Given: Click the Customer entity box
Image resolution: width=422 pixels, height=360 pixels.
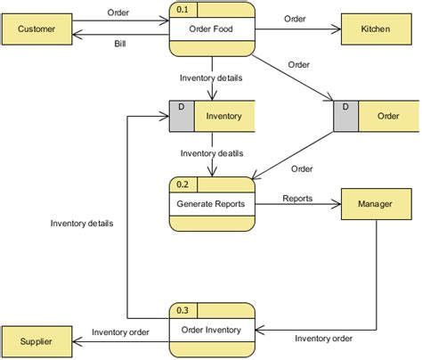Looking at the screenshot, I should [x=37, y=29].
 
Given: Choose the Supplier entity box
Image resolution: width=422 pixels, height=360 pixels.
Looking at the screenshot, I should [x=37, y=341].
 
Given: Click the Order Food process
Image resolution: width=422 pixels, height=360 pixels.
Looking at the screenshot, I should [x=211, y=28].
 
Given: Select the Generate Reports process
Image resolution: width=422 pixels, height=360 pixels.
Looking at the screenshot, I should [x=211, y=203].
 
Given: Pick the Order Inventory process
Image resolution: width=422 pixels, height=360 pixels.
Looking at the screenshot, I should [x=211, y=330].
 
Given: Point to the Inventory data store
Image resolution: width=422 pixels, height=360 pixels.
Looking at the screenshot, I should [x=223, y=116].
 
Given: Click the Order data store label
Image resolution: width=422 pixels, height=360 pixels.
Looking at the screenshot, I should [x=388, y=116].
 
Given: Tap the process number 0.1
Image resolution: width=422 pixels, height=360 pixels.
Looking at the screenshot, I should [x=183, y=10].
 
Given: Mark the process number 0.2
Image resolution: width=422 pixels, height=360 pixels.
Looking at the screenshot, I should [x=183, y=184].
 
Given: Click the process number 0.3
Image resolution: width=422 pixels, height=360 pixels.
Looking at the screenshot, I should [x=183, y=310].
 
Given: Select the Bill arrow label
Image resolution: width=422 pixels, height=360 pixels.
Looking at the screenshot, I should [x=119, y=44].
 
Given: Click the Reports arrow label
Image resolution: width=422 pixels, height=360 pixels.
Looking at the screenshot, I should [x=297, y=198].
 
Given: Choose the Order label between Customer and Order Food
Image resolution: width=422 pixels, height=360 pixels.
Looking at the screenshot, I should [x=118, y=12].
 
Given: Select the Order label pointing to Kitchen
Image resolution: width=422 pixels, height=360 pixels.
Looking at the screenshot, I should [x=296, y=19].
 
